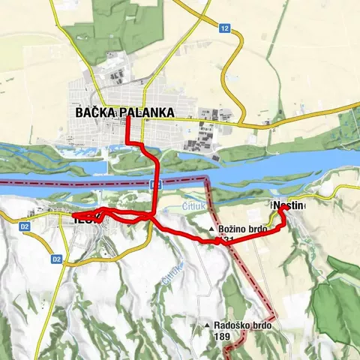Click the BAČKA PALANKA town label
(124, 112)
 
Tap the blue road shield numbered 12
(224, 28)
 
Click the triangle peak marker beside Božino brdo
(212, 229)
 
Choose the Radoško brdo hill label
(242, 325)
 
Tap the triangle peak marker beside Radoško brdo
(206, 325)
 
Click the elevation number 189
(221, 337)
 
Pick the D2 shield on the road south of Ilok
(57, 259)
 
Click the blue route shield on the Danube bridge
(153, 184)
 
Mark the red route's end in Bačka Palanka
(127, 118)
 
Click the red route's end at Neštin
(283, 209)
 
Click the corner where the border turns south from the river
(208, 180)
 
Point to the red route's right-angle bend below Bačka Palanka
(128, 142)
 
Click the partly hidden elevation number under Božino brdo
(228, 240)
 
